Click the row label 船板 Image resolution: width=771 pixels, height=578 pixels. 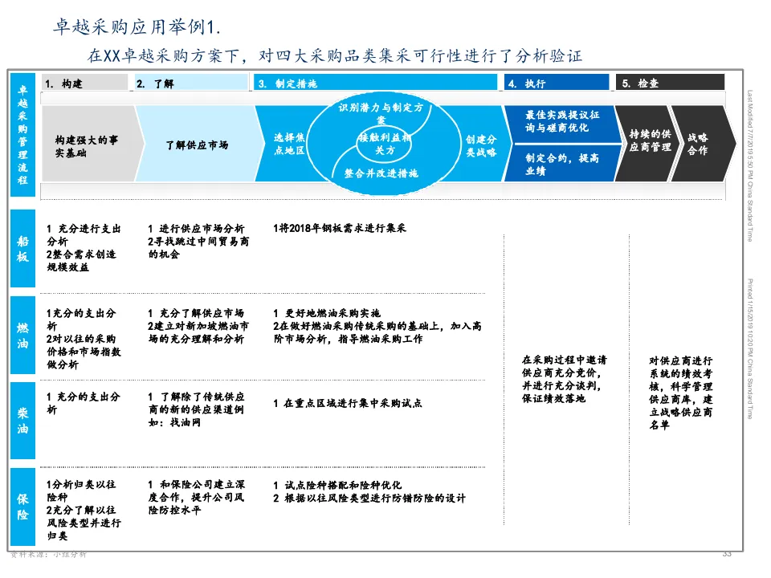23,248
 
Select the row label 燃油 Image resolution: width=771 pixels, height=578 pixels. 23,336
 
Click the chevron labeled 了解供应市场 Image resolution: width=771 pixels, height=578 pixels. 196,145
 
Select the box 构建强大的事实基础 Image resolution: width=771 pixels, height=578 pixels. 81,145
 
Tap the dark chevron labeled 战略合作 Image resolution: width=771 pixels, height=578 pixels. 698,144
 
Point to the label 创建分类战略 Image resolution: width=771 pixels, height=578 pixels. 480,145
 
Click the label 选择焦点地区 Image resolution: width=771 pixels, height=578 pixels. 289,144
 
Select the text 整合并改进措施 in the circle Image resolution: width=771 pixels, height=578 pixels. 381,173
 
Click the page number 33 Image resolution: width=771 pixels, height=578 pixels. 727,554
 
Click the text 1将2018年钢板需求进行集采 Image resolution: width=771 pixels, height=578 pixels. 340,228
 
